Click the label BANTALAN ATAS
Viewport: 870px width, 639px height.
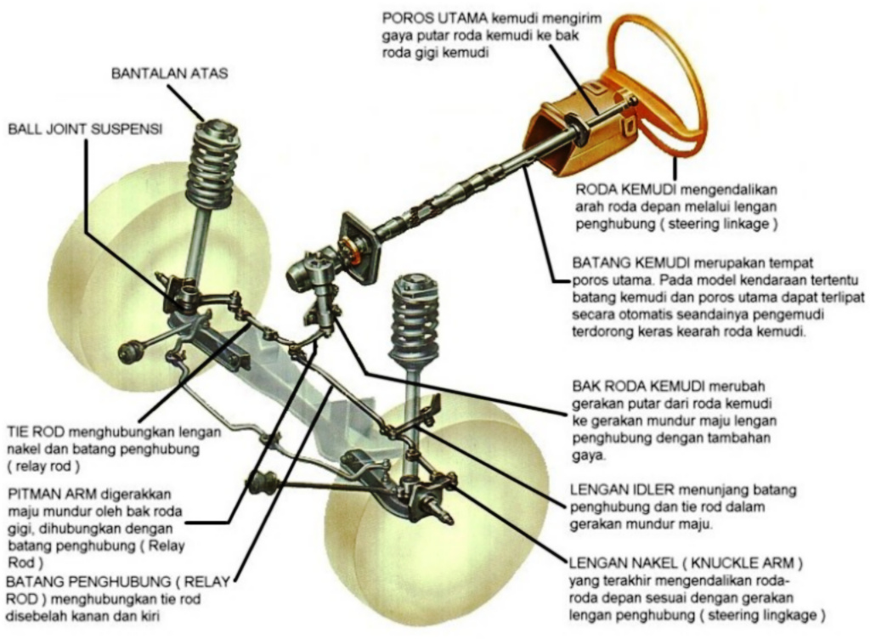pyautogui.click(x=170, y=73)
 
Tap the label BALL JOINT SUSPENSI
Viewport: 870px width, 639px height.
pyautogui.click(x=85, y=129)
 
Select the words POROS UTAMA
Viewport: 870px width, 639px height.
pyautogui.click(x=435, y=19)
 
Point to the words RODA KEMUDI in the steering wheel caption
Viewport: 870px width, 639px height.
pyautogui.click(x=625, y=189)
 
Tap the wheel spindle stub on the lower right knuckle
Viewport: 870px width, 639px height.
pyautogui.click(x=442, y=510)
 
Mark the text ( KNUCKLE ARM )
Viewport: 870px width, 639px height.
pyautogui.click(x=743, y=563)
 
